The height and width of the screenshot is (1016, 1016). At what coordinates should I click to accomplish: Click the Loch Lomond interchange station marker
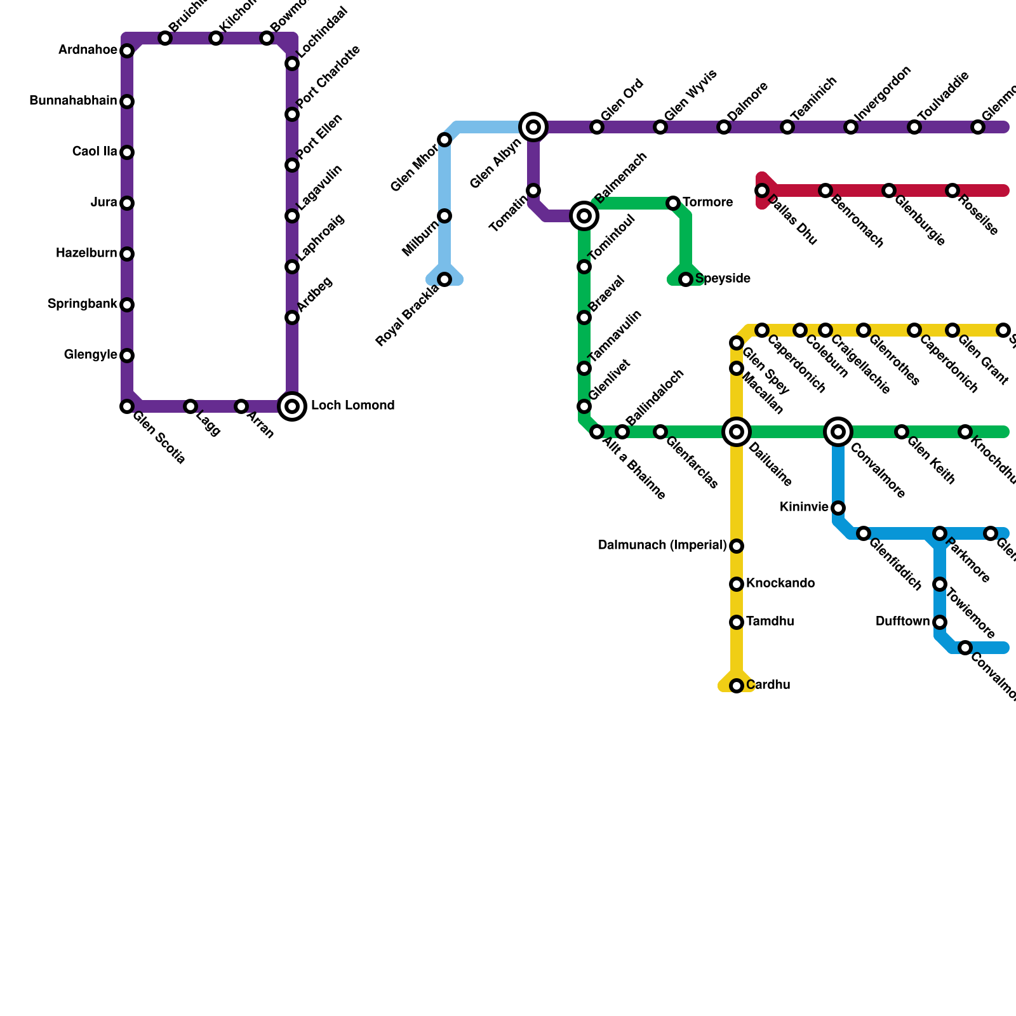tap(292, 406)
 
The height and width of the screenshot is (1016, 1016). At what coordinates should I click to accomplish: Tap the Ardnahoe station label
tap(88, 50)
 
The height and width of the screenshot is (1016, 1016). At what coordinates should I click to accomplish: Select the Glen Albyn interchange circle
tap(533, 127)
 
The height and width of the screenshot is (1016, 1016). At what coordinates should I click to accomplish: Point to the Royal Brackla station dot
tap(444, 279)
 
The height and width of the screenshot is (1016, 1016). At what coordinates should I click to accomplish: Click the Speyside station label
tap(723, 279)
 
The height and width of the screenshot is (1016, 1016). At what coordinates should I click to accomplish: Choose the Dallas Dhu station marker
tap(762, 190)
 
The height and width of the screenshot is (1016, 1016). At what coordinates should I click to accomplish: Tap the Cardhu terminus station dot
tap(737, 686)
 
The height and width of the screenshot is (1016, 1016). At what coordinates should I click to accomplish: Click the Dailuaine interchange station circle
tap(737, 432)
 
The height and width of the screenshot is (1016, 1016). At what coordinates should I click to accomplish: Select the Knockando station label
tap(780, 584)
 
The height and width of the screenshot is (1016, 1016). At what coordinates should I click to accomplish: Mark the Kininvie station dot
tap(838, 508)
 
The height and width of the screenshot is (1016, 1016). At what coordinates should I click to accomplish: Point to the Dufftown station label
tap(902, 622)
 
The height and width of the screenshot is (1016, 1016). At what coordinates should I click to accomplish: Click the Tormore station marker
tap(673, 203)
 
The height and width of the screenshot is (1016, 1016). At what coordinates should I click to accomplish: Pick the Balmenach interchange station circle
tap(584, 216)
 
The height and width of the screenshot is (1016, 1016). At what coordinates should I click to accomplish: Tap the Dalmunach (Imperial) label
tap(662, 545)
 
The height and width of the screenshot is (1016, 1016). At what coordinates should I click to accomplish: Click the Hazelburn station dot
tap(127, 254)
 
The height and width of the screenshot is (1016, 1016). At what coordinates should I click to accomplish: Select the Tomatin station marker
tap(533, 190)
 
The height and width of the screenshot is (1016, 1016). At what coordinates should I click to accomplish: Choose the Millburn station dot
tap(444, 216)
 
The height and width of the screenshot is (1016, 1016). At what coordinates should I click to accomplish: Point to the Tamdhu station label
tap(770, 622)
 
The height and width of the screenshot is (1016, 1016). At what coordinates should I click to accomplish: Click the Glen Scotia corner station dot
tap(127, 406)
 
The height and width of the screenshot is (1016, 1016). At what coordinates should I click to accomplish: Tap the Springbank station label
tap(82, 304)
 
